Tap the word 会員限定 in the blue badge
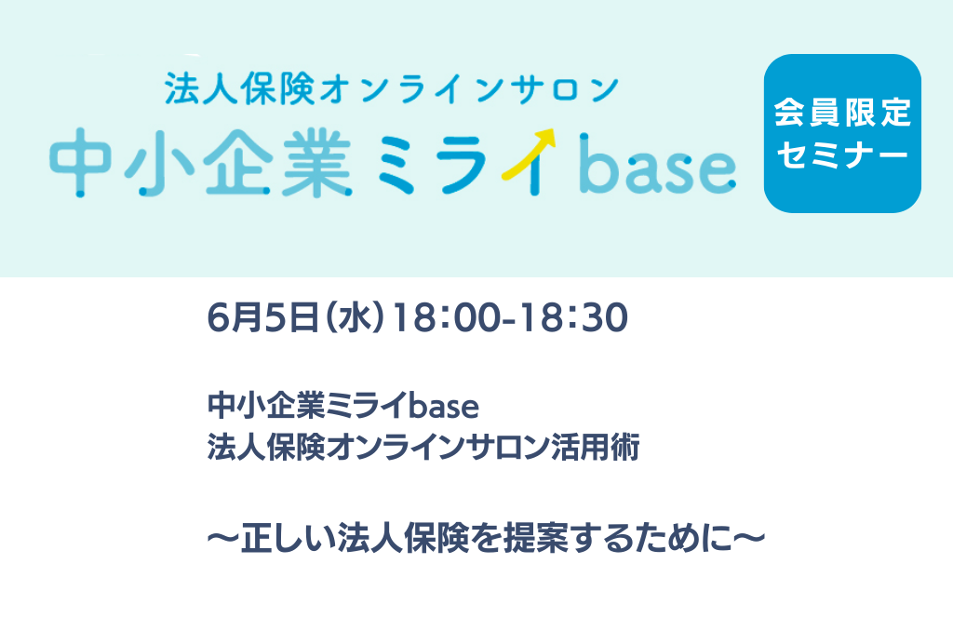(842, 113)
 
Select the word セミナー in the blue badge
(842, 155)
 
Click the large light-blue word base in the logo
(658, 164)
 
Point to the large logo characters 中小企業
(201, 162)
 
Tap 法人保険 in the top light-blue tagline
(239, 88)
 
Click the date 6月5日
(262, 318)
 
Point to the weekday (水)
(355, 318)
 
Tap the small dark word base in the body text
(443, 406)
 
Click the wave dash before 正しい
(223, 539)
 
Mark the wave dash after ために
(749, 539)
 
